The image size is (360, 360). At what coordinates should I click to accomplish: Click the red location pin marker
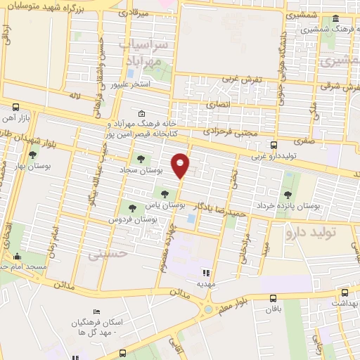click(x=181, y=164)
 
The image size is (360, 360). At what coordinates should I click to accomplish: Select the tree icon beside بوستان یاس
click(x=165, y=193)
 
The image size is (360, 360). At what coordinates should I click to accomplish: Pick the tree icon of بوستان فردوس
click(x=131, y=207)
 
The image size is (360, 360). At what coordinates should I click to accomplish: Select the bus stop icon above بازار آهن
click(x=16, y=107)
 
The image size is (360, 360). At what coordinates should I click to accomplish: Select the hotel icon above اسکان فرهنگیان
click(x=96, y=311)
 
